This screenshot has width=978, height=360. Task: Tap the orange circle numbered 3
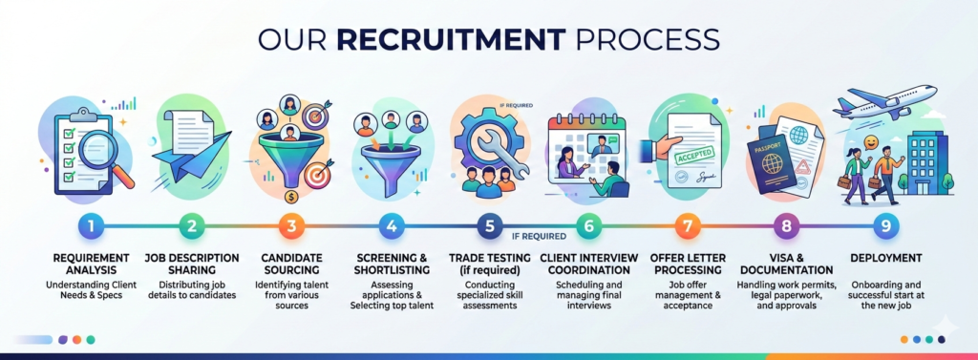point(290,226)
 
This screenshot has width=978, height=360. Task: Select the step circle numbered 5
point(488,226)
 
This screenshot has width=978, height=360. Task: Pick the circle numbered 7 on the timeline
point(687,226)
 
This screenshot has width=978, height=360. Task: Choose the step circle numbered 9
point(884,226)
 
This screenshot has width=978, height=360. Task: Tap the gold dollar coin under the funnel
point(288,198)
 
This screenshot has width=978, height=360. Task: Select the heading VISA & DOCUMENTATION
point(785,264)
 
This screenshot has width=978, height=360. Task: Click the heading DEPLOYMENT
point(884,257)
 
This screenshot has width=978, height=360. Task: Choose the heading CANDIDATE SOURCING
point(290,264)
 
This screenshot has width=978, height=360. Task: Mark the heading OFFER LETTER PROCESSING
point(687,264)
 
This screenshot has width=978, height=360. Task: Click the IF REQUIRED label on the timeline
point(539,234)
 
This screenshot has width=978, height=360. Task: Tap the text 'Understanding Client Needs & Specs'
point(93,291)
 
